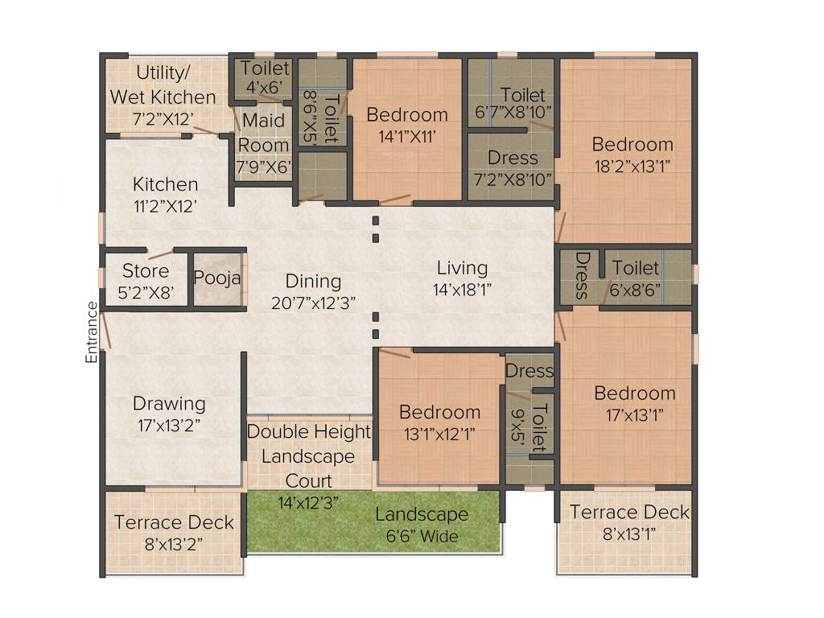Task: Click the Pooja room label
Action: point(218,278)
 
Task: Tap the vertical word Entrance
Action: point(93,332)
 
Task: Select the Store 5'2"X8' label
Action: point(146,281)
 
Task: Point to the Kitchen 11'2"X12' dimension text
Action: point(165,205)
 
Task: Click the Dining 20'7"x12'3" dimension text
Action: point(314,302)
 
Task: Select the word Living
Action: point(462,268)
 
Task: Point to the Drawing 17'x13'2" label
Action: point(169,414)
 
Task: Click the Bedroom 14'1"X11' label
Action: point(407,125)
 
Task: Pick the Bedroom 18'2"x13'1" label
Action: point(632,154)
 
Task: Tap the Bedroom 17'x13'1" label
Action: point(635,403)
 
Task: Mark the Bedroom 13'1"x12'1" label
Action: point(440,422)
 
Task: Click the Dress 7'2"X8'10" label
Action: point(513,168)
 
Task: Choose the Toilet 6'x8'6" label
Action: point(636,278)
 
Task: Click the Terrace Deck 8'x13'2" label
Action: point(174,532)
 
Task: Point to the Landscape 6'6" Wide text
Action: point(422,525)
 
